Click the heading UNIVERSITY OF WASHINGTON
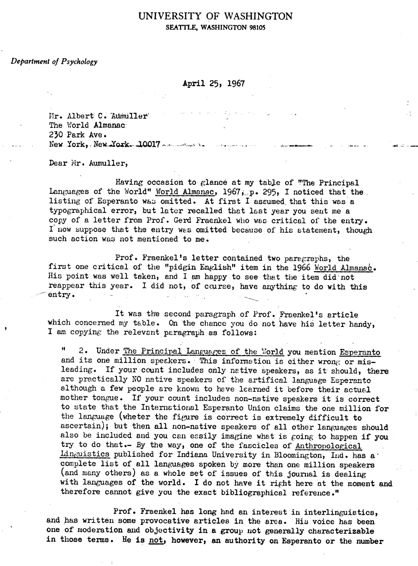(215, 16)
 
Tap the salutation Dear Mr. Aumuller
(88, 163)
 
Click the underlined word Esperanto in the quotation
(360, 352)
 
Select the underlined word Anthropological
(328, 446)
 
